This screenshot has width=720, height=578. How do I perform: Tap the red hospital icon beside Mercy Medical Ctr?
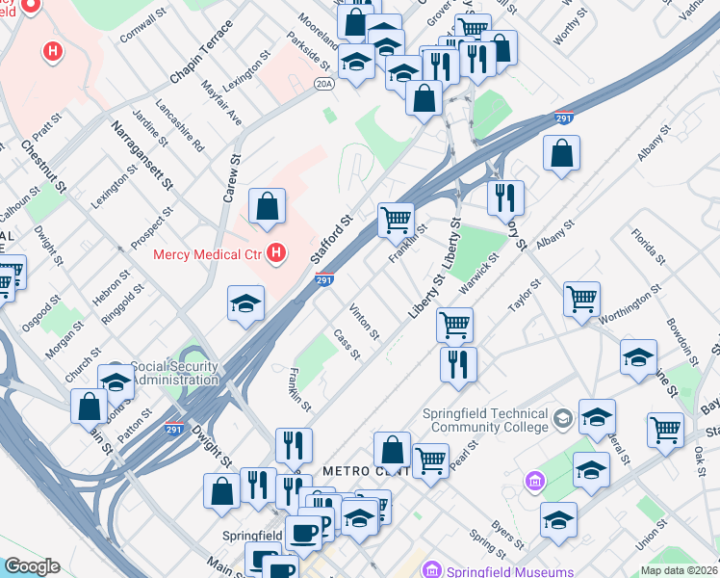click(x=277, y=253)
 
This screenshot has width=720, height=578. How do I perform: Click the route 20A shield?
click(x=324, y=86)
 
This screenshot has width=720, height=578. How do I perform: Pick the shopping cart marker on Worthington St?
click(x=581, y=300)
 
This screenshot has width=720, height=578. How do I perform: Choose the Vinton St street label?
click(x=365, y=321)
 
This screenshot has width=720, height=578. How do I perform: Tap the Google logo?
click(x=31, y=566)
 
